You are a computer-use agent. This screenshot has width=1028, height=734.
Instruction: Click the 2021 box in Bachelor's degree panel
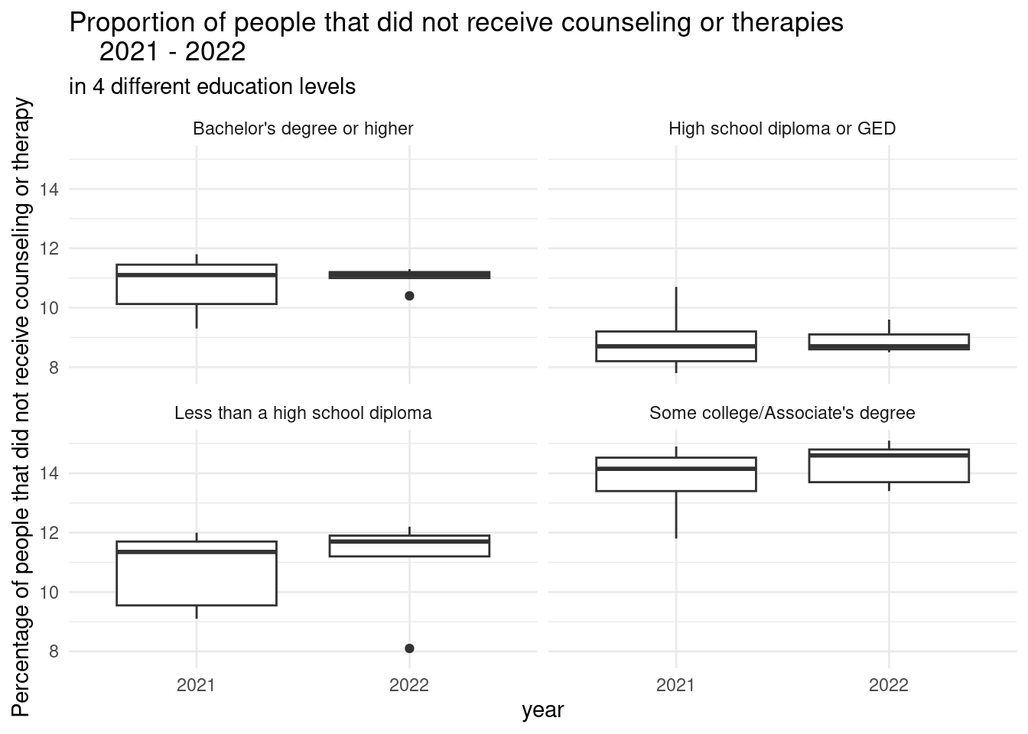tap(197, 284)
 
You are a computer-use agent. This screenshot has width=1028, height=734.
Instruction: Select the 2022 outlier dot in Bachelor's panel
tap(409, 296)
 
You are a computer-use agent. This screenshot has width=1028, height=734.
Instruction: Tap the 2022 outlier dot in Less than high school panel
tap(409, 648)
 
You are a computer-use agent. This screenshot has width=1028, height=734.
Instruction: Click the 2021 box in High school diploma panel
tap(676, 346)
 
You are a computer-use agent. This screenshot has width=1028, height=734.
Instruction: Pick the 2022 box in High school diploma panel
tap(889, 342)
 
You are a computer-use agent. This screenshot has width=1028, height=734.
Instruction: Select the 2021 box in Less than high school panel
tap(197, 573)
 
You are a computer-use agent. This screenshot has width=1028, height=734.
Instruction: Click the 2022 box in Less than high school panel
tap(409, 546)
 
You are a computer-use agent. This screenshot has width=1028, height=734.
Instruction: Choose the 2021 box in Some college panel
tap(676, 474)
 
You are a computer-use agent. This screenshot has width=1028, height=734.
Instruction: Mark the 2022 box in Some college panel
tap(889, 466)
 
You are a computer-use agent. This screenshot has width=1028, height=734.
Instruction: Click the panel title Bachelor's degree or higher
tap(303, 128)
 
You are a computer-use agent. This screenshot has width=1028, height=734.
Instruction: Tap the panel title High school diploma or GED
tap(782, 128)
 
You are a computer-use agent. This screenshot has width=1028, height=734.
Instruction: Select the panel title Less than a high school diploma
tap(303, 413)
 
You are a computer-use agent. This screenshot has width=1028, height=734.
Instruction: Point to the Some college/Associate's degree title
tap(782, 413)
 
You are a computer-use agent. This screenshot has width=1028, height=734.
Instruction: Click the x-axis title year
tap(542, 710)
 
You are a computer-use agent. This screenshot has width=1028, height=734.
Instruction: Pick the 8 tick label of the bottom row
tap(54, 652)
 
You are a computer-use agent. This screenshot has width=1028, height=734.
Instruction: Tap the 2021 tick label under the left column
tap(197, 685)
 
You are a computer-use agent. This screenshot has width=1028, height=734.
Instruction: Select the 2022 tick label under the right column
tap(889, 685)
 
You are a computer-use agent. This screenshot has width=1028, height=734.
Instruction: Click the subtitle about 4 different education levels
tap(213, 86)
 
